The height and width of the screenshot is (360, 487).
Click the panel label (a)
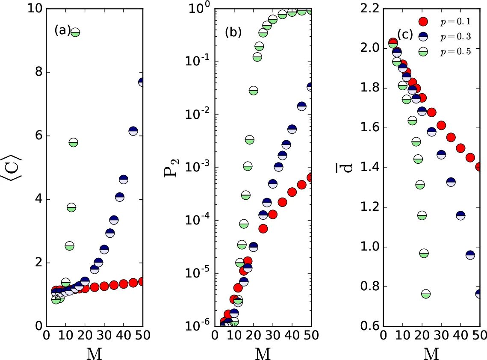(x=62, y=31)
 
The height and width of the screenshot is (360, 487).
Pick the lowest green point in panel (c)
(x=426, y=294)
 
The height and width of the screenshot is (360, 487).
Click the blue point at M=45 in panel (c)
(x=470, y=255)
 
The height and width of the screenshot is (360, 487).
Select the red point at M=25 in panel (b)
(x=263, y=228)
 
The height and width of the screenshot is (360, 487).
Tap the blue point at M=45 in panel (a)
(x=133, y=131)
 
